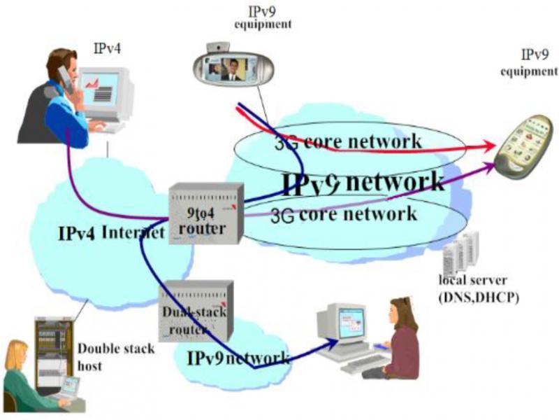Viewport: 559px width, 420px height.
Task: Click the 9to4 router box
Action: [205, 213]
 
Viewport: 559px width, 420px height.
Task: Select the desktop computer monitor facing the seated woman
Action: [338, 326]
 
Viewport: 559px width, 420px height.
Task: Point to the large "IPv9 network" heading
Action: [363, 182]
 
